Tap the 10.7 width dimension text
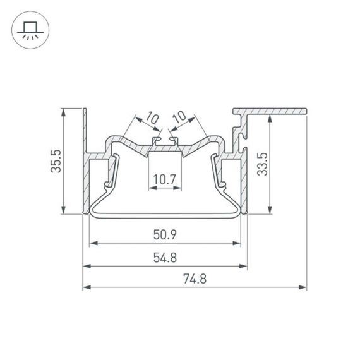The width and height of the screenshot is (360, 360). pyautogui.click(x=164, y=179)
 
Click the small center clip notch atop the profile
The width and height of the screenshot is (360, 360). pyautogui.click(x=164, y=138)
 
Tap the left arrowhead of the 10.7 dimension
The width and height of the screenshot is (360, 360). pyautogui.click(x=151, y=188)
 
